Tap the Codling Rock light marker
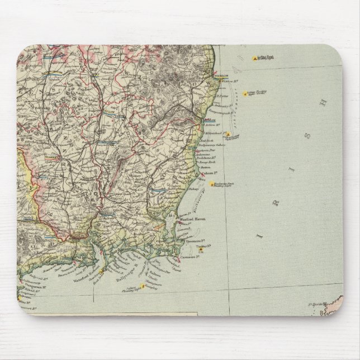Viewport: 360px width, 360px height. tap(256, 58)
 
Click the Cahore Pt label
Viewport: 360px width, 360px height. tap(197, 173)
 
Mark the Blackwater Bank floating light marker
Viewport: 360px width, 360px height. tap(211, 184)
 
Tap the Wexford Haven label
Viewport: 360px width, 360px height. tap(192, 220)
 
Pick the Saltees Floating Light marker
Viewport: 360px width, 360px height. tap(142, 286)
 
